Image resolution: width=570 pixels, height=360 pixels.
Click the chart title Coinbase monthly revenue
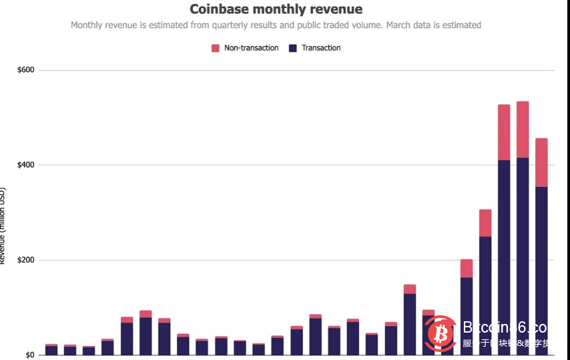[276, 9]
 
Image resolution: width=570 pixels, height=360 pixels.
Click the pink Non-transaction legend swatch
[216, 48]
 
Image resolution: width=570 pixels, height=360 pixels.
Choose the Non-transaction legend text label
[251, 48]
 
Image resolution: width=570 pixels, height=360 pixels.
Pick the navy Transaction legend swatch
[292, 48]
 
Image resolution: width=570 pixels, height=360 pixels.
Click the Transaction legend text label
[321, 48]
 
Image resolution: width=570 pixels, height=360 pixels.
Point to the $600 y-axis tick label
[26, 70]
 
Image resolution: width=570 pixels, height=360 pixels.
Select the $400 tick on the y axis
[26, 165]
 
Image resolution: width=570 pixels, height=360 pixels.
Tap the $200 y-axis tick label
[26, 260]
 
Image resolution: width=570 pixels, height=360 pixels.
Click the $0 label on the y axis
[30, 355]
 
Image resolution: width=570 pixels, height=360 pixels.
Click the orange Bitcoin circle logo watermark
[439, 333]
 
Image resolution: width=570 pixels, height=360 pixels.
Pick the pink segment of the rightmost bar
[541, 162]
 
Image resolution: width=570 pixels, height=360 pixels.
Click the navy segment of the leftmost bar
[51, 350]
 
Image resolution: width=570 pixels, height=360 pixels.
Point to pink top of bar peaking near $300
[485, 222]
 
